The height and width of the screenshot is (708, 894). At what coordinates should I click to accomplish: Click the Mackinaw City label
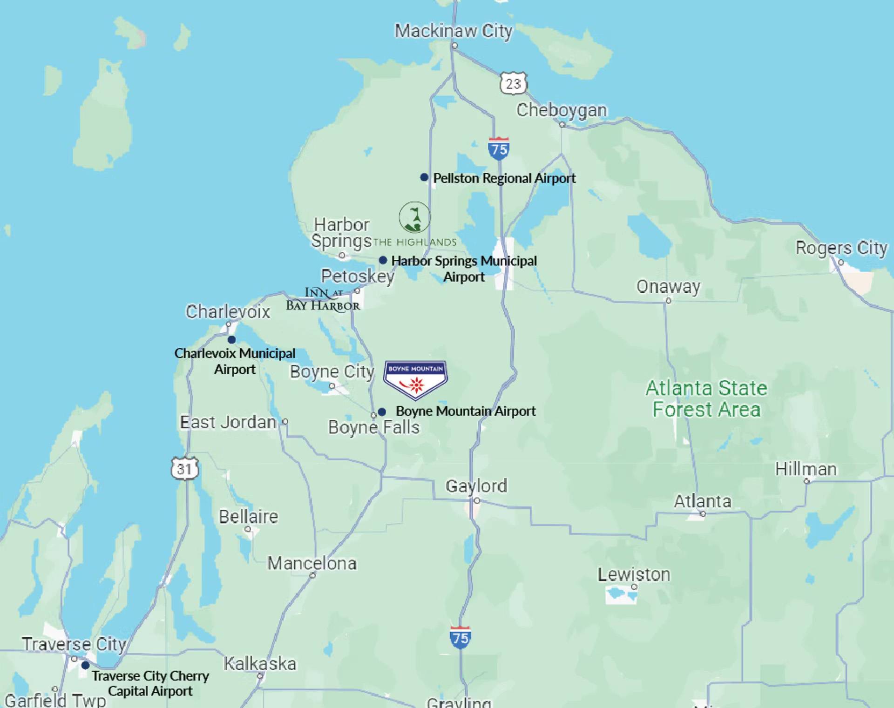[x=454, y=31]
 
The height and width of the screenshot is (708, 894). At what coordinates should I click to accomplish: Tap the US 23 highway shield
[x=513, y=84]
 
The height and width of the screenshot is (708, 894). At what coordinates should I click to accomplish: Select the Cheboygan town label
[x=562, y=110]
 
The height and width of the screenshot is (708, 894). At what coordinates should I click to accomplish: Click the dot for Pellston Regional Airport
[x=424, y=177]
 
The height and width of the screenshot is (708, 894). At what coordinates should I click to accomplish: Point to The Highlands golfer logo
[x=414, y=217]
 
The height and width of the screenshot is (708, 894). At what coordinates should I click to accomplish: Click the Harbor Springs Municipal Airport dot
[x=383, y=260]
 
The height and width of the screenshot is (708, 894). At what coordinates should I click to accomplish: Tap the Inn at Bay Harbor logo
[x=323, y=299]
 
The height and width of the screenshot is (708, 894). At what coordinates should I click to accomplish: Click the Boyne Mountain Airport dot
[x=382, y=412]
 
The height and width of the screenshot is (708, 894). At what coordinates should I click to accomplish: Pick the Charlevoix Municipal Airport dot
[x=231, y=339]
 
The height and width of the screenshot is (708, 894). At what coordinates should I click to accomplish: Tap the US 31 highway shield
[x=185, y=468]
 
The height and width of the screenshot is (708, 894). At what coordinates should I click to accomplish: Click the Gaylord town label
[x=476, y=486]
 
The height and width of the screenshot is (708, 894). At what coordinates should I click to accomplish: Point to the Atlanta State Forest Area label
[x=706, y=399]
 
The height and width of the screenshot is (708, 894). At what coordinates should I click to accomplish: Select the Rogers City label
[x=841, y=248]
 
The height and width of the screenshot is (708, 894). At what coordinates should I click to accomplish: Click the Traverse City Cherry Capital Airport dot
[x=85, y=665]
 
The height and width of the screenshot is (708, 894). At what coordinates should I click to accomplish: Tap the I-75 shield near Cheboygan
[x=499, y=149]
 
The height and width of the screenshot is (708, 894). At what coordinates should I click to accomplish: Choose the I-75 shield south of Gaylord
[x=460, y=638]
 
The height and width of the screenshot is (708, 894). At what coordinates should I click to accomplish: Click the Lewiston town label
[x=634, y=575]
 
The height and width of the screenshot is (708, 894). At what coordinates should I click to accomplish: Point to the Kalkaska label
[x=260, y=664]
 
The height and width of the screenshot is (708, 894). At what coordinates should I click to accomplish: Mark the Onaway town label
[x=668, y=287]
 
